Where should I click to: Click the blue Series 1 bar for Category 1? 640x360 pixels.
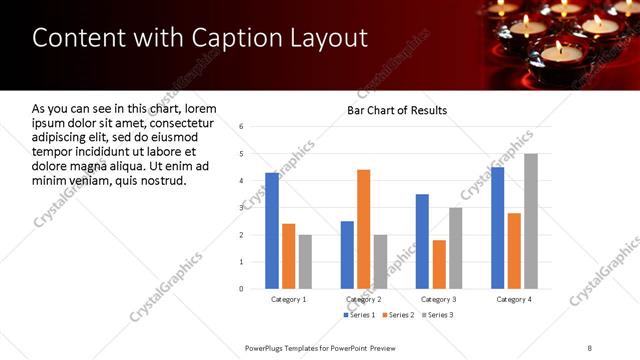click(x=272, y=230)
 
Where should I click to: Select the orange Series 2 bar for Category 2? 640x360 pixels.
click(x=363, y=229)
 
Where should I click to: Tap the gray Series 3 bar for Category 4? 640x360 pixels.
click(x=530, y=221)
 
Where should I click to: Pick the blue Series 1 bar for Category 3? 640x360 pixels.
click(x=422, y=241)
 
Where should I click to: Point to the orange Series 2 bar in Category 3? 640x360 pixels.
click(x=439, y=264)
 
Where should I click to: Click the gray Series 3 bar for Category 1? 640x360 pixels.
click(x=305, y=262)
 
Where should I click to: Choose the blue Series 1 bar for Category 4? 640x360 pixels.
click(x=497, y=227)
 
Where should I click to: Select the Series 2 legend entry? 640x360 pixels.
click(x=399, y=316)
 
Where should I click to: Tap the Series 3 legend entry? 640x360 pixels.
click(x=436, y=316)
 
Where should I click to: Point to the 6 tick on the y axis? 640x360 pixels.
click(x=241, y=127)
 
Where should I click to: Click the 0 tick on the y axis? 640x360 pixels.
click(x=241, y=289)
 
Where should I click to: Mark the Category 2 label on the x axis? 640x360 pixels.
click(x=363, y=300)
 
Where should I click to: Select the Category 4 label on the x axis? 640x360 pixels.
click(x=514, y=300)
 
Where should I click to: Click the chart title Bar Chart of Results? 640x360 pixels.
click(x=397, y=110)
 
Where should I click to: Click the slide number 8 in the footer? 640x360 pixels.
click(x=590, y=347)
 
